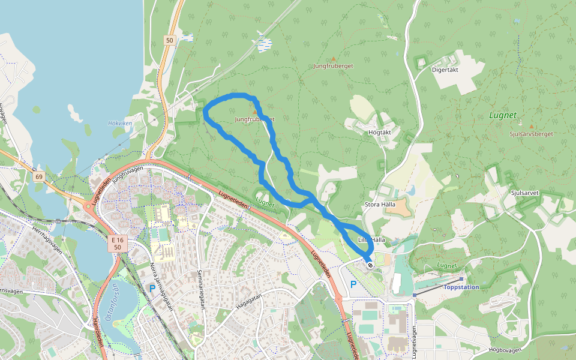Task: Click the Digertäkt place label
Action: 445,70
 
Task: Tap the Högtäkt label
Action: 380,132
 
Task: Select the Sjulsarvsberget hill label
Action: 531,134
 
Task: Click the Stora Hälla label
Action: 379,205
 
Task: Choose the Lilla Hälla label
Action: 371,240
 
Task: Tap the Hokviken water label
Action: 119,123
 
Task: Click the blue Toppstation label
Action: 461,287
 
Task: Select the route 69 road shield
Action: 39,176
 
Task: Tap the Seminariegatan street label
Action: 202,289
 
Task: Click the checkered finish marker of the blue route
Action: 371,264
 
